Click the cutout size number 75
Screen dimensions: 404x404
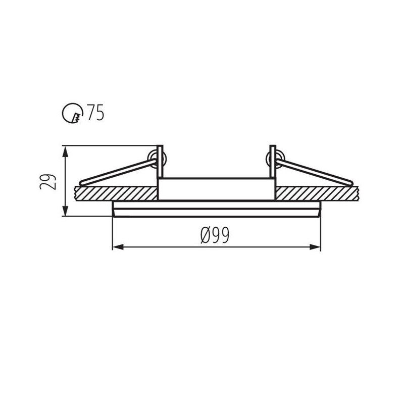(x=95, y=112)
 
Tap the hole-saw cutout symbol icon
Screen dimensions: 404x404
(x=73, y=114)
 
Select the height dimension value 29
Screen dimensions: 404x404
(x=48, y=182)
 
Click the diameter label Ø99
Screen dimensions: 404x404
(x=215, y=235)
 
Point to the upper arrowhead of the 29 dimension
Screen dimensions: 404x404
(x=66, y=151)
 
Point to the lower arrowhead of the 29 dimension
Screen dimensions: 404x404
(x=66, y=211)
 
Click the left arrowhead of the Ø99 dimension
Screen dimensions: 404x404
(x=118, y=247)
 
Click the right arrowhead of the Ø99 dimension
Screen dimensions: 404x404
(x=315, y=247)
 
